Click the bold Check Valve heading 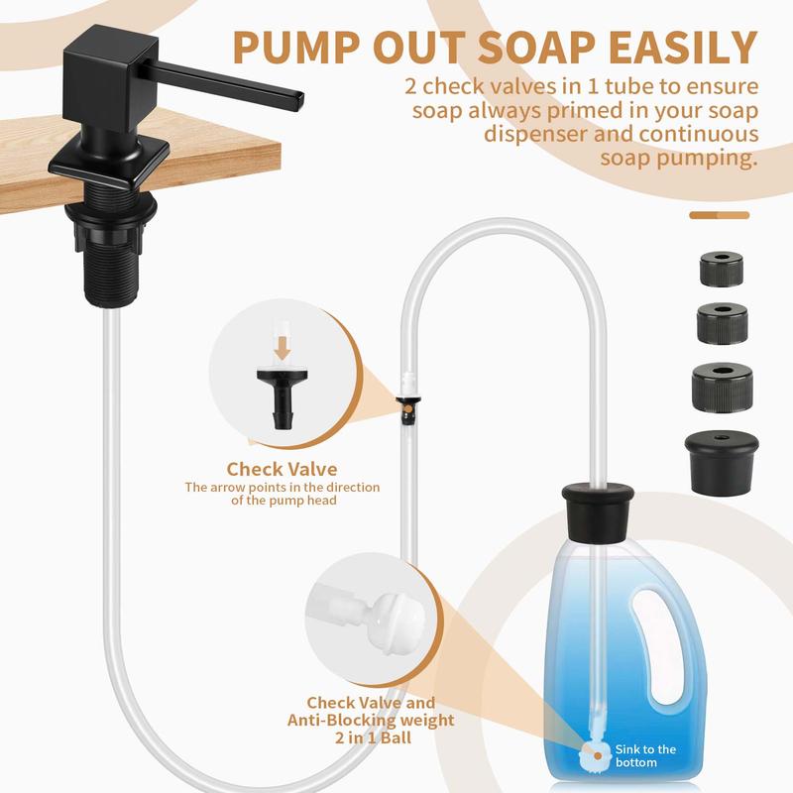(282, 469)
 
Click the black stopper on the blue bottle (600, 509)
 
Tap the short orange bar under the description (719, 214)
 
